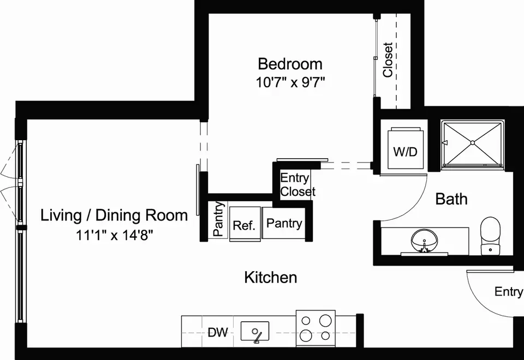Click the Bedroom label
coord(290,64)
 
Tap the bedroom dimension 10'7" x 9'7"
coord(290,82)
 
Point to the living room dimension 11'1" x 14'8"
coord(114,235)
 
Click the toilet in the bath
coord(490,236)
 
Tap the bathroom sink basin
coord(424,241)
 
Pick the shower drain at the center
coord(473,143)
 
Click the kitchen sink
coord(255,331)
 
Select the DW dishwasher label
coord(218,332)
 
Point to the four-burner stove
coord(315,328)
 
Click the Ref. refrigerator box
coord(245,224)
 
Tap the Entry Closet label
coord(297,185)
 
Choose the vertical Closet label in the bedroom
coord(388,60)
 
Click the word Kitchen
coord(271,277)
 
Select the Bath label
coord(451,199)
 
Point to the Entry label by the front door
coord(509,291)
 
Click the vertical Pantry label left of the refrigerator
coord(218,219)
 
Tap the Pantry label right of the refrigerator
coord(284,223)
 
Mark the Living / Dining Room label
coord(114,215)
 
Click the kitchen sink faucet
coord(257,337)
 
